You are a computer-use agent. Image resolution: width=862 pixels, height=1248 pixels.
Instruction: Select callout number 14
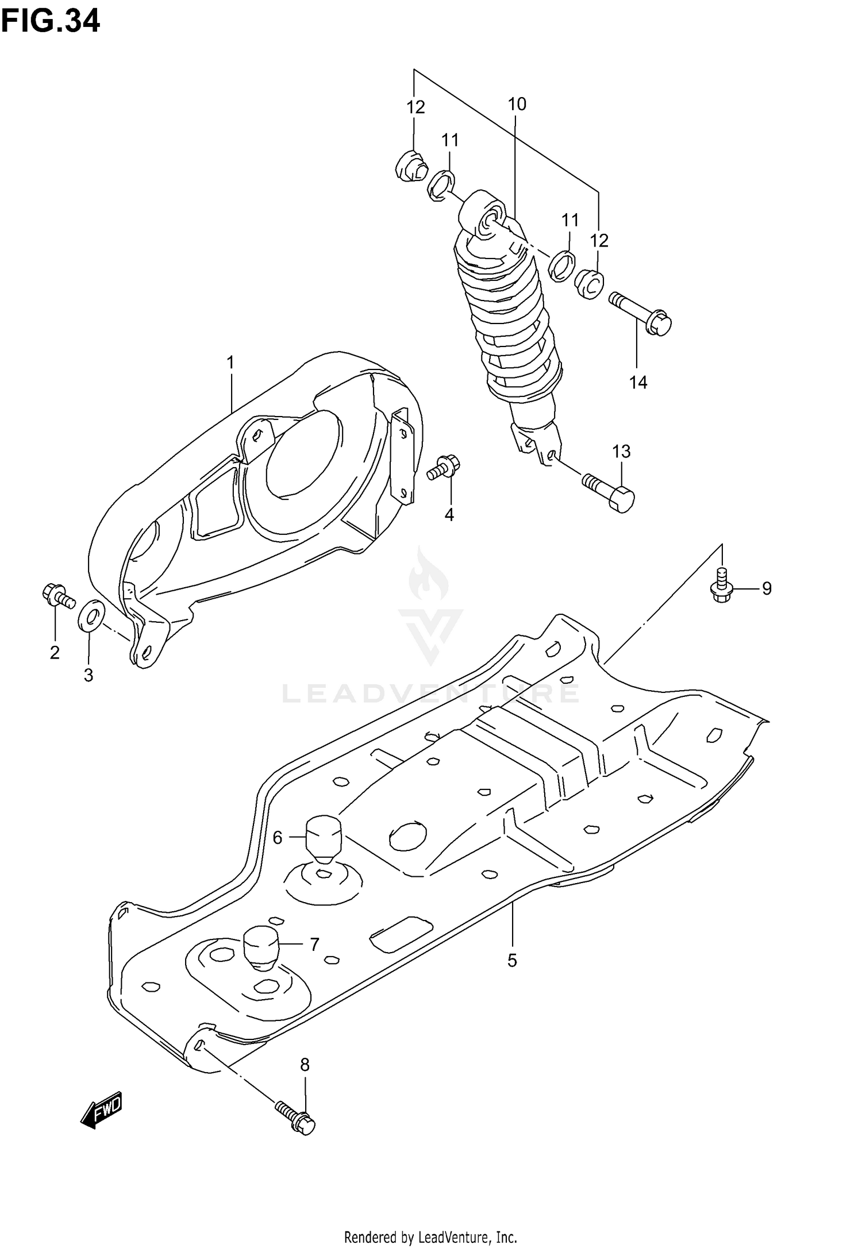click(x=638, y=382)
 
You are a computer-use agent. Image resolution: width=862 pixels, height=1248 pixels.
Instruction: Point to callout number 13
click(x=621, y=452)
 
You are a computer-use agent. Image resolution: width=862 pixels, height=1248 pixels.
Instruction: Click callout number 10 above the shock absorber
click(x=517, y=104)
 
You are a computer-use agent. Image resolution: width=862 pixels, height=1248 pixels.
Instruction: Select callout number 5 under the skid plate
click(x=512, y=960)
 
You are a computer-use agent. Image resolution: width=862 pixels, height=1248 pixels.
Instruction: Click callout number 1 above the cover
click(x=230, y=363)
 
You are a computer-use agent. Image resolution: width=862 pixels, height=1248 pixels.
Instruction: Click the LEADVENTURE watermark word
click(x=430, y=693)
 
